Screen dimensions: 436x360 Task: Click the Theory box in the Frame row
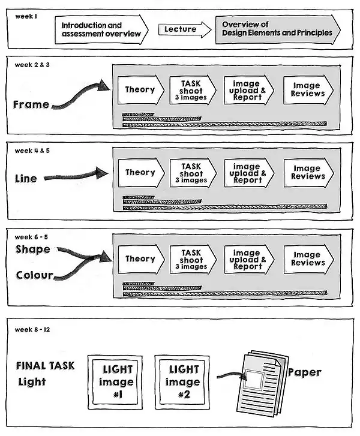click(x=140, y=90)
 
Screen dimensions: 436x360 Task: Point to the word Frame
click(x=31, y=104)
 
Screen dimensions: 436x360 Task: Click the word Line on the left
click(x=26, y=178)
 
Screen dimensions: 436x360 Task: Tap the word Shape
click(x=33, y=249)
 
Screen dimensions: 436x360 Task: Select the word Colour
click(x=34, y=276)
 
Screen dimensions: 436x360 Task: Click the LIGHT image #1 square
click(x=117, y=382)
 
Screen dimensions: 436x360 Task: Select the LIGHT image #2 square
click(x=184, y=382)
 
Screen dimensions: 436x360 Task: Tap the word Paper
click(x=304, y=372)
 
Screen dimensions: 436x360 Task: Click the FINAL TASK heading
click(x=46, y=366)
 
